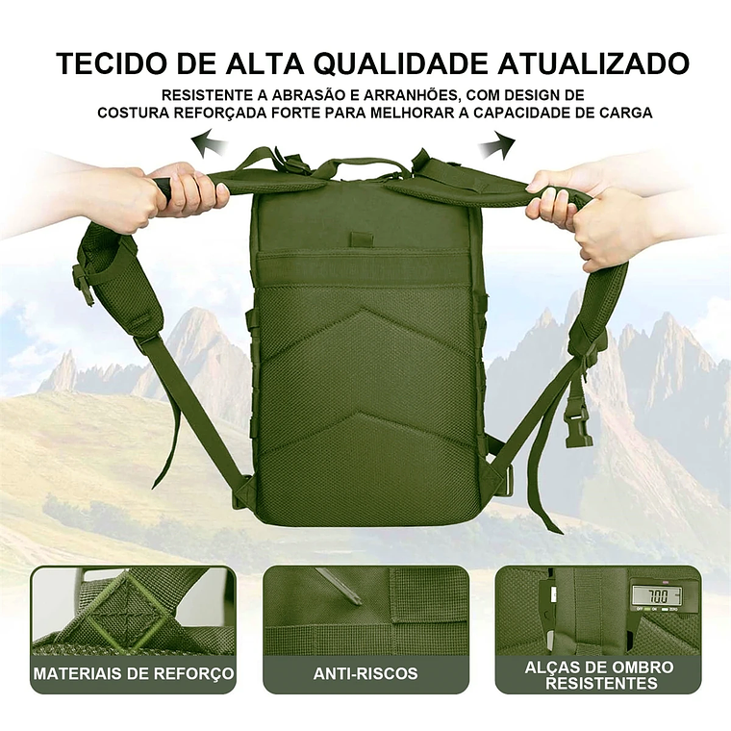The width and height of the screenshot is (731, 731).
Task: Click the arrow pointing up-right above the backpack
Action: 496,146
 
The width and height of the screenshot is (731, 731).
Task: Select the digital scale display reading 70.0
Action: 655,597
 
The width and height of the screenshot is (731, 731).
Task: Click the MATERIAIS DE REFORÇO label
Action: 134,673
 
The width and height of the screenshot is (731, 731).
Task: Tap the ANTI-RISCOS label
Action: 365,673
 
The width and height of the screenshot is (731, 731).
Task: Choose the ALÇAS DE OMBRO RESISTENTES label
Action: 598,674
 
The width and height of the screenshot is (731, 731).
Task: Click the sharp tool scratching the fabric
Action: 338,587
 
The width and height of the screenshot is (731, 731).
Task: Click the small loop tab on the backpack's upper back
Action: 360,239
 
